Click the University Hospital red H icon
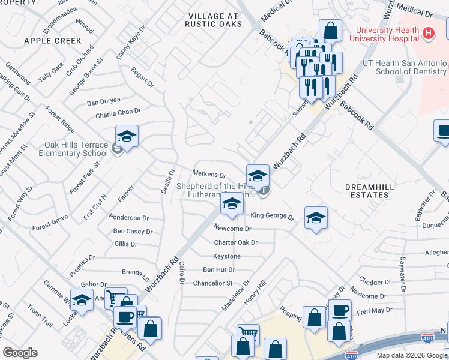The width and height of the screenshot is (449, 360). [x=428, y=34]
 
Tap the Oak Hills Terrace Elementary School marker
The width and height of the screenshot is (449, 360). [x=127, y=137]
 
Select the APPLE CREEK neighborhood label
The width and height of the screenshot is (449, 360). [x=52, y=41]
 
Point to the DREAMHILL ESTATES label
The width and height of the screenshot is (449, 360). [x=370, y=191]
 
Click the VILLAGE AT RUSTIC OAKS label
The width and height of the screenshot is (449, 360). [x=215, y=19]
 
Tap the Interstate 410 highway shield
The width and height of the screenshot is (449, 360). [x=427, y=340]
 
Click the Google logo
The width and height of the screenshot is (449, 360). [x=20, y=353]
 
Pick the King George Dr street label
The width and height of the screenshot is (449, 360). [x=271, y=216]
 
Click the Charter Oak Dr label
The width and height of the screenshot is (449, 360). [x=235, y=243]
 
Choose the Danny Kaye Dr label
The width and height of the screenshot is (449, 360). [x=131, y=42]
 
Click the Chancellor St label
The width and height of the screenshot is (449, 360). [x=212, y=283]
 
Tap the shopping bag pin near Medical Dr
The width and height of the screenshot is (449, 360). [x=331, y=31]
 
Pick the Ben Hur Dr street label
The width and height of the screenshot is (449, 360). [x=218, y=270]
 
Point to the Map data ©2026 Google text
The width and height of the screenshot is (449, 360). [x=411, y=355]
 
